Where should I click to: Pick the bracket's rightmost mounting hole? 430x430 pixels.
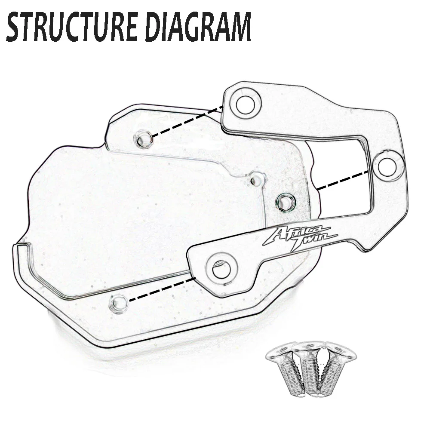387,164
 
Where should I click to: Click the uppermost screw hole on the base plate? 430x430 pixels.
143,138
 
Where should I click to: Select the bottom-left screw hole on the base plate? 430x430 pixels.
118,304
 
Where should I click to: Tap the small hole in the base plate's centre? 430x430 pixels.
257,179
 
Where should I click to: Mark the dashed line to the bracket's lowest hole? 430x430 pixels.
161,289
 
